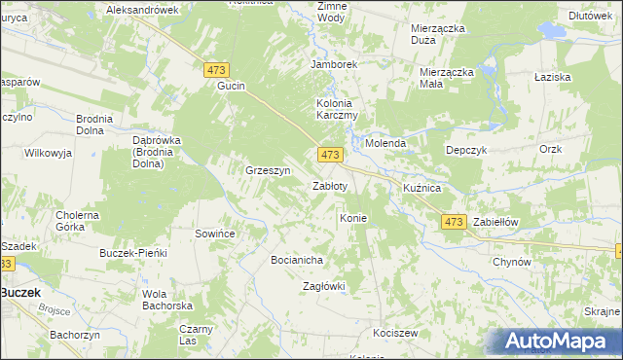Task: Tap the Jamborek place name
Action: point(334,64)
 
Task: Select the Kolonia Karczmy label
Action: point(338,109)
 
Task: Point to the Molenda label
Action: point(385,143)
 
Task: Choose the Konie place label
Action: point(352,218)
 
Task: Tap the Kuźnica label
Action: point(422,186)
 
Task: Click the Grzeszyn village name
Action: point(269,170)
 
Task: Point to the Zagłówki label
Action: point(324,286)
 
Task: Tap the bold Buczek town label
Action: point(19,291)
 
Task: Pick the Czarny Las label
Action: point(195,335)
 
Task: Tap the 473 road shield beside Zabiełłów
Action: point(453,222)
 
